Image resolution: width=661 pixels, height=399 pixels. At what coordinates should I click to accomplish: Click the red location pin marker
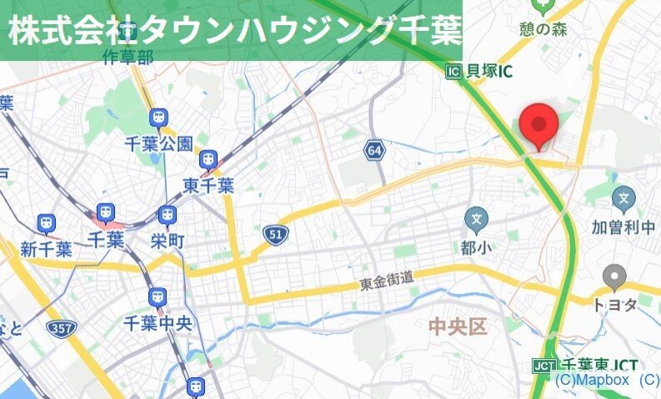click(538, 126)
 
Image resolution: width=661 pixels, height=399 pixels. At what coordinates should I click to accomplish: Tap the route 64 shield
click(374, 150)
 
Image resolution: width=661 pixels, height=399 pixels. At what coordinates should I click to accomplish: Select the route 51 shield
click(274, 235)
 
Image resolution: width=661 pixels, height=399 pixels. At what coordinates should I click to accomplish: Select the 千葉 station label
click(105, 241)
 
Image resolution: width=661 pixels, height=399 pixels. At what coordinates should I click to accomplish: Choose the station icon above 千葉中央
click(158, 296)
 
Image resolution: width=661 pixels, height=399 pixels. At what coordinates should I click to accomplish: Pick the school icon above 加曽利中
click(623, 199)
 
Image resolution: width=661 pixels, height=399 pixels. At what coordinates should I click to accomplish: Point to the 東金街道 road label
click(387, 282)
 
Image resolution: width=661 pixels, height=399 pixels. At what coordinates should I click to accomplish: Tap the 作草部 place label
click(128, 57)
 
